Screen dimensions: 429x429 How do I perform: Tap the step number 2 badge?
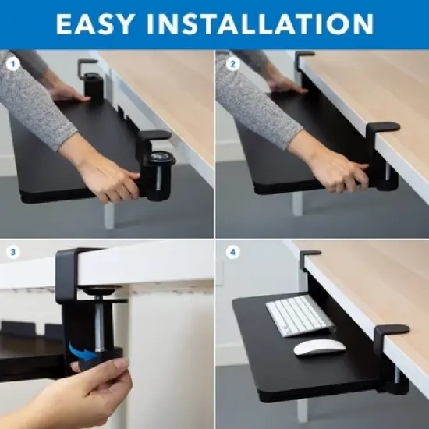(232, 65)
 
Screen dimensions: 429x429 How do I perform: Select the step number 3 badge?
(13, 252)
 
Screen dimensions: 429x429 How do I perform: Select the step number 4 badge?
(232, 252)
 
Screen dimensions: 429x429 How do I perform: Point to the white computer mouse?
(318, 347)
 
